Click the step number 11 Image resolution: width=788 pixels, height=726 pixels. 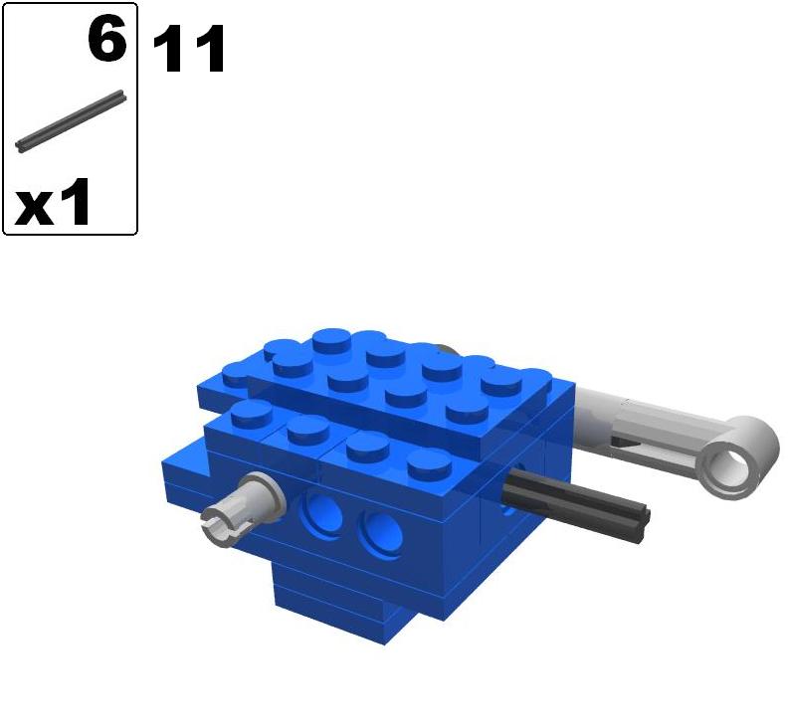(x=189, y=50)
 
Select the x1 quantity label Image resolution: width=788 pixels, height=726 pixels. (x=54, y=204)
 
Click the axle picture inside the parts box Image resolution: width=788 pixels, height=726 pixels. (x=71, y=122)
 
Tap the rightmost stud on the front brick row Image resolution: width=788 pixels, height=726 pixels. (x=430, y=459)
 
